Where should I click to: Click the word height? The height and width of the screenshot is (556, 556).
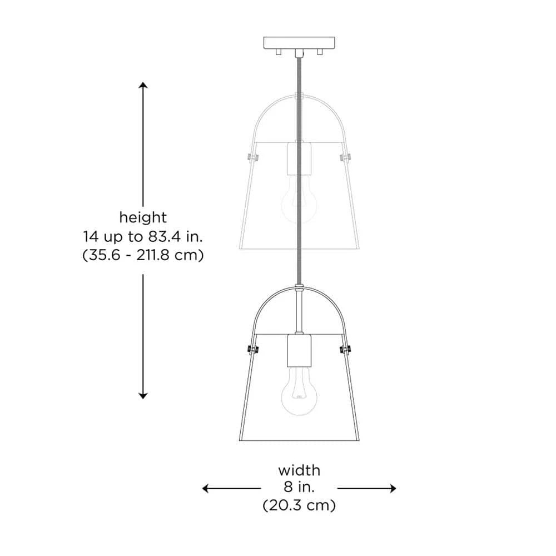tap(143, 217)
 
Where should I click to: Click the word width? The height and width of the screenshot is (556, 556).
tap(299, 470)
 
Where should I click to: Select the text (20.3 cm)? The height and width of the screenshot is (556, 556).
tap(299, 505)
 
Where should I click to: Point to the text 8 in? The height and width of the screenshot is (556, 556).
tap(299, 488)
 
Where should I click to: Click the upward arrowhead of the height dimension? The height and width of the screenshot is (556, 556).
tap(143, 85)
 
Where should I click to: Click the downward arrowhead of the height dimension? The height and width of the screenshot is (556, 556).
tap(143, 396)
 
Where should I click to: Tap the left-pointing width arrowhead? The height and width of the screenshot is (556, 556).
tap(205, 488)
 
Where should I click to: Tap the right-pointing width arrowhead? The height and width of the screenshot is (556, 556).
tap(393, 488)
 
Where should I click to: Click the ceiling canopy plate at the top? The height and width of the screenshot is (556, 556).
tap(299, 43)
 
